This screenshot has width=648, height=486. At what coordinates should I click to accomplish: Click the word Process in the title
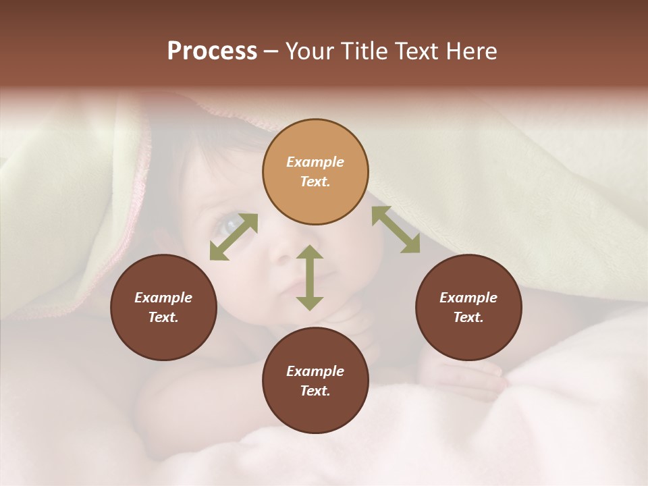(x=212, y=51)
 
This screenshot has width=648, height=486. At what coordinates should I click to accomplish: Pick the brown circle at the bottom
(x=315, y=412)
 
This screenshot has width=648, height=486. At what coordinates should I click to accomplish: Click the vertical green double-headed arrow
(x=310, y=277)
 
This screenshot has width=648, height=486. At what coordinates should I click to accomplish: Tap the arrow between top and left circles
(x=234, y=236)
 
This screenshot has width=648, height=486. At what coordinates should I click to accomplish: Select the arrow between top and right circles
(x=396, y=230)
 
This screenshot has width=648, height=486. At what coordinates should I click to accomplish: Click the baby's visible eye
(x=230, y=223)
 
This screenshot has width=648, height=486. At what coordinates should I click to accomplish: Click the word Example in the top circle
(x=315, y=162)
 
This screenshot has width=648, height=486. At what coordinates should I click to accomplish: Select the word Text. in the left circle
(x=163, y=317)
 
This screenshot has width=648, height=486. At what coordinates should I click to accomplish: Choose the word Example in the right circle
(x=468, y=298)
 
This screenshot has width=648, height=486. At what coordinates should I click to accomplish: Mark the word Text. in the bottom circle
(x=315, y=391)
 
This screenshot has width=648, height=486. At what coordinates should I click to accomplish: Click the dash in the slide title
(x=271, y=51)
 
